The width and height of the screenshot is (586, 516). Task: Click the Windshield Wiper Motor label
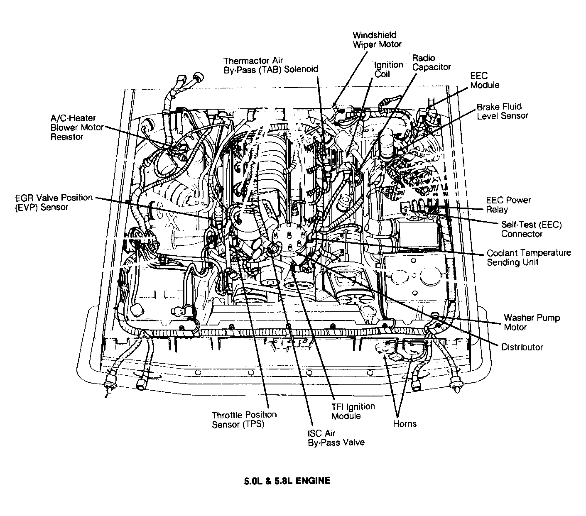(377, 39)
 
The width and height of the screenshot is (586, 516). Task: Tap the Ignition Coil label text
(388, 69)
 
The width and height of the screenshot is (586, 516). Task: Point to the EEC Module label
(485, 80)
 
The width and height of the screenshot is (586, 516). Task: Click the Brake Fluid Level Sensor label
(502, 111)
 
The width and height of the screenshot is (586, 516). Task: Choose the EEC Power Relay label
(508, 205)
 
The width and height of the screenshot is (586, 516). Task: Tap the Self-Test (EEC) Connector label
(531, 229)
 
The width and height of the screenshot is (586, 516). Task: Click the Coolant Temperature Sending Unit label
(528, 257)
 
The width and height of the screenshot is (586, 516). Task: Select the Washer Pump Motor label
(532, 322)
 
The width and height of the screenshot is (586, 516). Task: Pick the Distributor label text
(522, 347)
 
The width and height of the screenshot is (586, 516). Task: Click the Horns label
(405, 424)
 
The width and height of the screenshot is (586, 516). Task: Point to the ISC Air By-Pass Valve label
(336, 438)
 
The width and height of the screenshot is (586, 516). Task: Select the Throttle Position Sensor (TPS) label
(244, 419)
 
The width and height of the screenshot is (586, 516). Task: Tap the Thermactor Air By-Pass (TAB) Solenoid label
(270, 65)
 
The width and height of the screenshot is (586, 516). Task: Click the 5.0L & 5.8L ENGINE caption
(287, 481)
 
